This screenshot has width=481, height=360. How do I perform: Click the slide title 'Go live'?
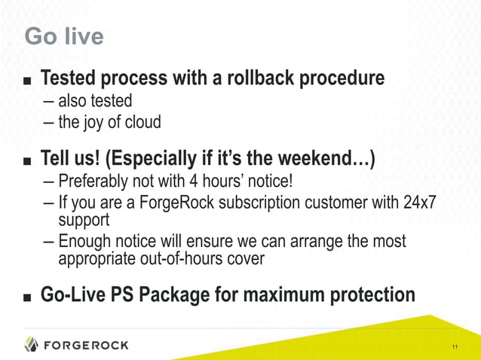(64, 36)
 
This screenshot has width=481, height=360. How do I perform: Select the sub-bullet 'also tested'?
(95, 100)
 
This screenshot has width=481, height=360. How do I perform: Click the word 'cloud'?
(142, 121)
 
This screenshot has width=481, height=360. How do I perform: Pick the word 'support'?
(84, 221)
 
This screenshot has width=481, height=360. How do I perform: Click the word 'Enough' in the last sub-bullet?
(85, 242)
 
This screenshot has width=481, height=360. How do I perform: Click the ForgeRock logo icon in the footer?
(31, 344)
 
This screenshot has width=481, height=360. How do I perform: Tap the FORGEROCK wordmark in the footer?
(86, 345)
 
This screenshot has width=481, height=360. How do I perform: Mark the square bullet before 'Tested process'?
(28, 80)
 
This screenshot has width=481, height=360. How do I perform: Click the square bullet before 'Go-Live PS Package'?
(28, 296)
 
